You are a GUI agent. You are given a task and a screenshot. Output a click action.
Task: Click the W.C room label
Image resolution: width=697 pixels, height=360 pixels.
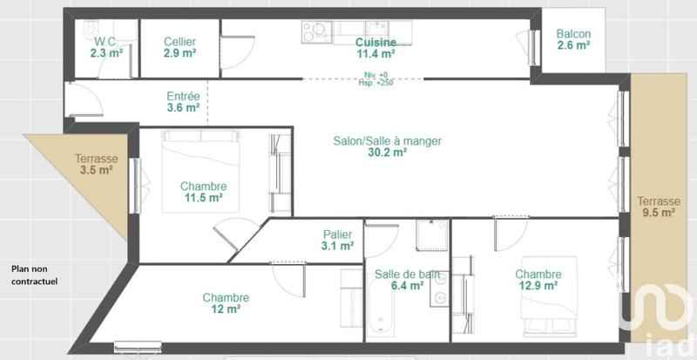105,46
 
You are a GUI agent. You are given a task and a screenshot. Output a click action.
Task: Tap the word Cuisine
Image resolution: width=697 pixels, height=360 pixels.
376,42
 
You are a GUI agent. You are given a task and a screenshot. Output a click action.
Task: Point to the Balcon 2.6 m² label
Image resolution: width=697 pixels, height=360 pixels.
573,40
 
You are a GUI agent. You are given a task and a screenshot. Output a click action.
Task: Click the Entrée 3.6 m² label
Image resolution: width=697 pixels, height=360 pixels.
183,102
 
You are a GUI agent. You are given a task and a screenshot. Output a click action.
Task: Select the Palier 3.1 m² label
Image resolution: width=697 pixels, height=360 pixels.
337,240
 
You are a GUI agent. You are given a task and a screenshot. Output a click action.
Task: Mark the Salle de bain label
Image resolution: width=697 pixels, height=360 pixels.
407,280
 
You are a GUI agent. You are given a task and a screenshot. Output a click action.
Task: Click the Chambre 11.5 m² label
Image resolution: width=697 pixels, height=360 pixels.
203,192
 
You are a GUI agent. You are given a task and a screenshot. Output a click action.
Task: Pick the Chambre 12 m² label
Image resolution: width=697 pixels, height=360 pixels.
226,303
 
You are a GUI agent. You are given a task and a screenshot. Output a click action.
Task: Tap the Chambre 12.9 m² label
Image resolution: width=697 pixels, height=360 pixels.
538,280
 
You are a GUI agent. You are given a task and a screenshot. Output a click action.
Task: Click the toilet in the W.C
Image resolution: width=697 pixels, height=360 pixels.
92,29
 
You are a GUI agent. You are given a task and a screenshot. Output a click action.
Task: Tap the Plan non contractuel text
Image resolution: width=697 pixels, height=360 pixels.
34,275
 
